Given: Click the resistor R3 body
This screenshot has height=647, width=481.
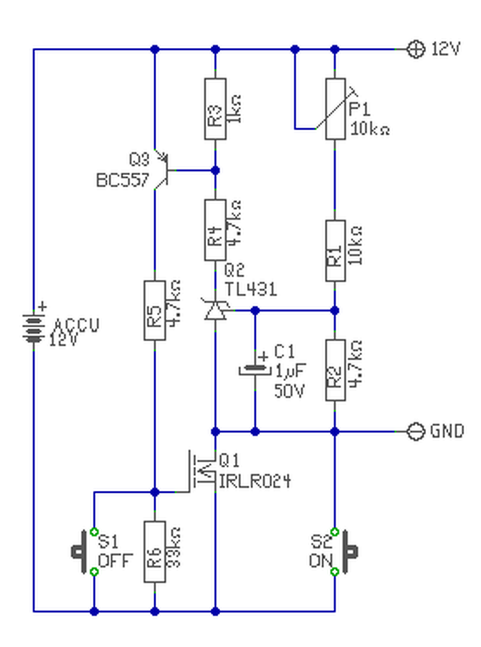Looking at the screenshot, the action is (215, 109).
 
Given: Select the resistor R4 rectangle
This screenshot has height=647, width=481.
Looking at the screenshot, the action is (215, 230).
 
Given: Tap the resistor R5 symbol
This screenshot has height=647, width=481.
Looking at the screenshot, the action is (155, 310).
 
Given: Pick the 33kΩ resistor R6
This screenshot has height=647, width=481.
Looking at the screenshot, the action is (155, 552).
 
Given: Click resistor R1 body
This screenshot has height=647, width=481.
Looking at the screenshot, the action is (336, 251).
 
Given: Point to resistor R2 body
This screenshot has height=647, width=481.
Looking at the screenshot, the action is (336, 370).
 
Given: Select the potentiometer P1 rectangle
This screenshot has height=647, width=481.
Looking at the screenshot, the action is (336, 109).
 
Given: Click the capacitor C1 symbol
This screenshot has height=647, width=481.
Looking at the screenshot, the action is (255, 368).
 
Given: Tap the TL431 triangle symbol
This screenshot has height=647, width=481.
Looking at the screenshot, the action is (215, 310).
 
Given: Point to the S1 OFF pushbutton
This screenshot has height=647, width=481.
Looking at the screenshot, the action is (85, 552).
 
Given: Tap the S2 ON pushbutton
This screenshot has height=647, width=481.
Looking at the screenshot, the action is (344, 552).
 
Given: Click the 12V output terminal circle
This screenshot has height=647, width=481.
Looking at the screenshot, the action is (415, 49).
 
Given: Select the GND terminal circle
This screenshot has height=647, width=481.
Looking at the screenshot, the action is (415, 432).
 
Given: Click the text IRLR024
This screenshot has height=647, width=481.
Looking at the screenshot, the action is (255, 481).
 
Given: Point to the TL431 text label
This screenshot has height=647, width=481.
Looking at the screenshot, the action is (251, 289).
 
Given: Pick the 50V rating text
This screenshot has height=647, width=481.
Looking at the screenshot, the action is (289, 390).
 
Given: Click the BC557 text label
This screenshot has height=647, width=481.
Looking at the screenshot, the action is (122, 180).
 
